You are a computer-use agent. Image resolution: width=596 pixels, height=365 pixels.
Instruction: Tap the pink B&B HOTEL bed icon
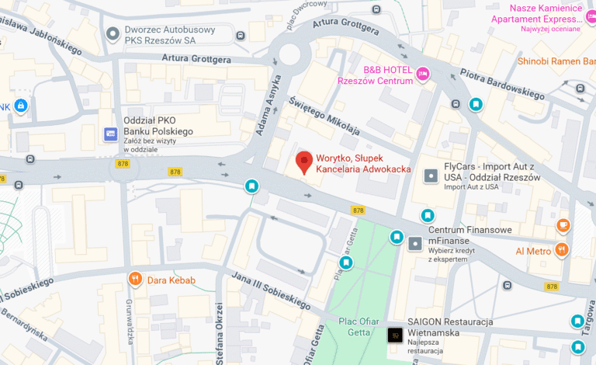coord(423,74)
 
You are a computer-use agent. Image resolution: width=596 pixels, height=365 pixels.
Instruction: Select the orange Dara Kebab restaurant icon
coord(136,279)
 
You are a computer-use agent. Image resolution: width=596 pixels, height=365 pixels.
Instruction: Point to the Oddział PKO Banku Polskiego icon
coord(111,134)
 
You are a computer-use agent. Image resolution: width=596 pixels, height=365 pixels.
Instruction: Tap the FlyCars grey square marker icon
coord(431,176)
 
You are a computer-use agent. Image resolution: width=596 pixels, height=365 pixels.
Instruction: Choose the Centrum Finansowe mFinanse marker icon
coord(416,244)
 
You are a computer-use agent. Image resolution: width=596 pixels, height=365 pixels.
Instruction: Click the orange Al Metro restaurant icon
coord(563,250)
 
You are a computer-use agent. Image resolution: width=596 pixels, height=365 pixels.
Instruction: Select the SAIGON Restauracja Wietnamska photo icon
coord(395,335)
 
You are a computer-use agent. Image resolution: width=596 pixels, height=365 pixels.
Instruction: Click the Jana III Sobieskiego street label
coord(260,288)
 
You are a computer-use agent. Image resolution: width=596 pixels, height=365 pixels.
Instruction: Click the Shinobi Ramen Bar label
coord(556,61)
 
